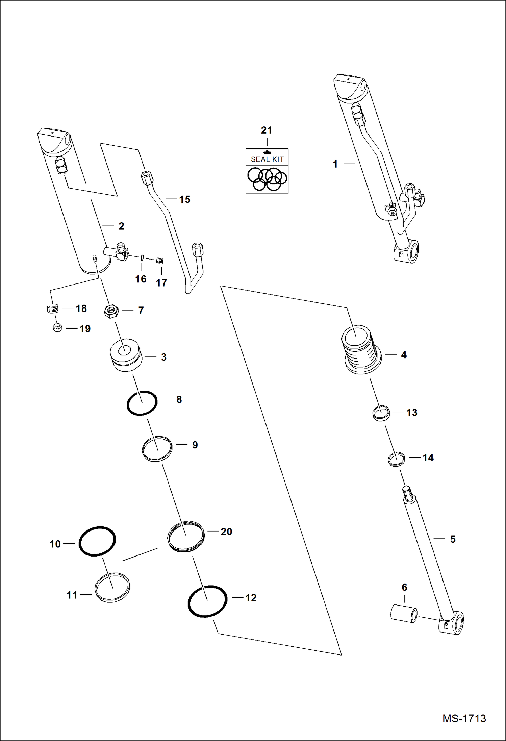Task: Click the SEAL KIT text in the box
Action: pos(267,159)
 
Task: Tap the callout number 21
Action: pos(266,130)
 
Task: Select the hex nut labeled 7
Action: pos(111,311)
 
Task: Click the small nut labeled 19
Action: pos(57,328)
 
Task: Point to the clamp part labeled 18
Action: pos(52,309)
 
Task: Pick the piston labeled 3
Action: pos(126,355)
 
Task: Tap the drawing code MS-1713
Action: pos(464,718)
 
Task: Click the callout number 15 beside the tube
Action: pos(185,199)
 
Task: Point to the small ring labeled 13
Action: pos(381,413)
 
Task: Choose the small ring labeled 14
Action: pos(396,459)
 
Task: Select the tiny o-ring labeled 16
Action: pos(142,258)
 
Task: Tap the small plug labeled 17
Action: pos(160,261)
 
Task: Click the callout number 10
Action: pos(55,544)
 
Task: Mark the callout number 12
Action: pos(251,598)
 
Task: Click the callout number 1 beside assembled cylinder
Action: pos(335,164)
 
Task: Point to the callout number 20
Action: pos(226,532)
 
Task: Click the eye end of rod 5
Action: pos(453,623)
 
